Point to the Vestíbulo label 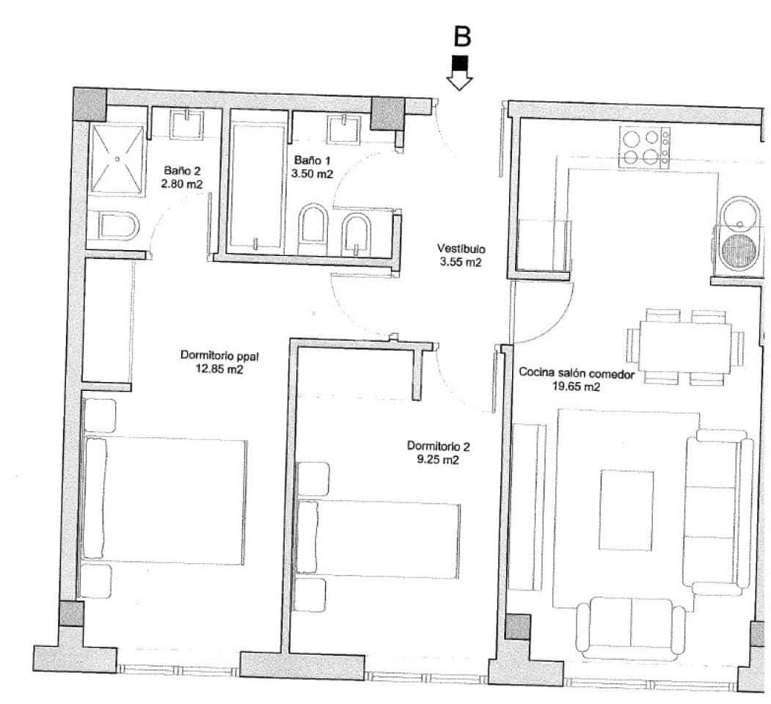click(x=460, y=249)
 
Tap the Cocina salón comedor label click(x=577, y=373)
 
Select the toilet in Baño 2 click(x=117, y=226)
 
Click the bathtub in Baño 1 click(x=257, y=187)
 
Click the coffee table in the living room click(x=626, y=510)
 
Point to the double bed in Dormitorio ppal click(x=165, y=502)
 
